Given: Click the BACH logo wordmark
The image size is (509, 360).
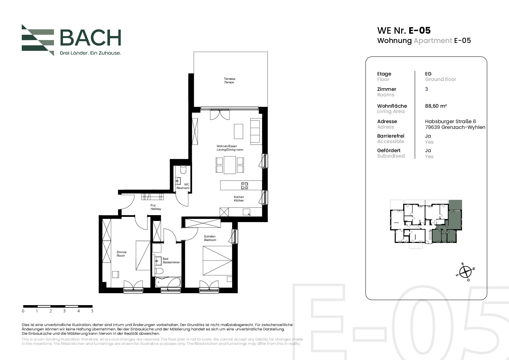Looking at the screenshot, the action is tap(91, 37).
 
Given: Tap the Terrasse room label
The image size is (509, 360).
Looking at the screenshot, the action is tap(230, 79).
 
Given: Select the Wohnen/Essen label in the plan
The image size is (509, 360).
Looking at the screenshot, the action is tap(227, 146).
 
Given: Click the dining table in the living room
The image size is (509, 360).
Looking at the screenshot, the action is tap(230, 165).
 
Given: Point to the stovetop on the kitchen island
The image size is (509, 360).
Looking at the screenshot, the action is tap(245, 186).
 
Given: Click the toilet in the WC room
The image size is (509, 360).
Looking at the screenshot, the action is tap(183, 169).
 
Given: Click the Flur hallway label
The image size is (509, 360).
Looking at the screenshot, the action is tap(153, 205).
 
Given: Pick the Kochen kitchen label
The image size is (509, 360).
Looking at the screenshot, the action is tap(239, 197).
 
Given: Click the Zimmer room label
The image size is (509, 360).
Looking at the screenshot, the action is tap(122, 252).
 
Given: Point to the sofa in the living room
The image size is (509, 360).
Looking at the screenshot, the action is tap(255, 131).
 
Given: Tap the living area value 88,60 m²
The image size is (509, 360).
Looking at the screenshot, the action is tap(436, 106).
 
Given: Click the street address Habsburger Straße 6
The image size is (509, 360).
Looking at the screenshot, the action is tap(450, 121).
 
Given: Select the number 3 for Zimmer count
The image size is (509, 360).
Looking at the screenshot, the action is tap(427, 89).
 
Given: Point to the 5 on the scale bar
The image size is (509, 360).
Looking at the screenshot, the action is tap(92, 311).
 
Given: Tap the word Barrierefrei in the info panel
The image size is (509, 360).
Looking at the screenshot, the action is tap(391, 136).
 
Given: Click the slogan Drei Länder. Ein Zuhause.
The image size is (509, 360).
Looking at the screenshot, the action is tap(90, 53).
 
